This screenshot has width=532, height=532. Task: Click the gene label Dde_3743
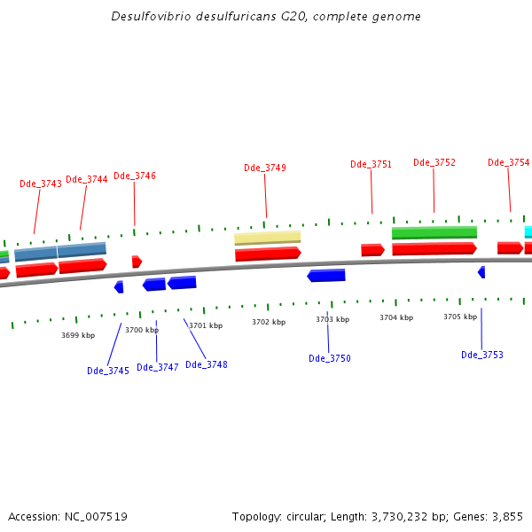point(41,184)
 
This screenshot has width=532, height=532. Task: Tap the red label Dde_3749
point(265,168)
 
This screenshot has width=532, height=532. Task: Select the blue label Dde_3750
point(330,358)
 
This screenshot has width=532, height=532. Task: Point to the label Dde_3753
point(482,355)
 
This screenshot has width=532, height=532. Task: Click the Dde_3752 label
point(434,162)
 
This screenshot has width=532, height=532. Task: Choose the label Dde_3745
point(108,371)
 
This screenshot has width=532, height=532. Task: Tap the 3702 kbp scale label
point(269,323)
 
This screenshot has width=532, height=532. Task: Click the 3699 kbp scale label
point(78,335)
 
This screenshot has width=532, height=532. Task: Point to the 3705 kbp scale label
point(460,317)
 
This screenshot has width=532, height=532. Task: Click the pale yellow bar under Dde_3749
point(268,238)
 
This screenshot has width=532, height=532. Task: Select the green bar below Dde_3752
point(434,232)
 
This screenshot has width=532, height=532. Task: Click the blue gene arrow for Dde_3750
point(326,276)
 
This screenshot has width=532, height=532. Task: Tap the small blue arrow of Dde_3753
point(481,272)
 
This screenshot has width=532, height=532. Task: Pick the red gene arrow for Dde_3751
point(372,250)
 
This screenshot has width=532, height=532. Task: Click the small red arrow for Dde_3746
point(137,262)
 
